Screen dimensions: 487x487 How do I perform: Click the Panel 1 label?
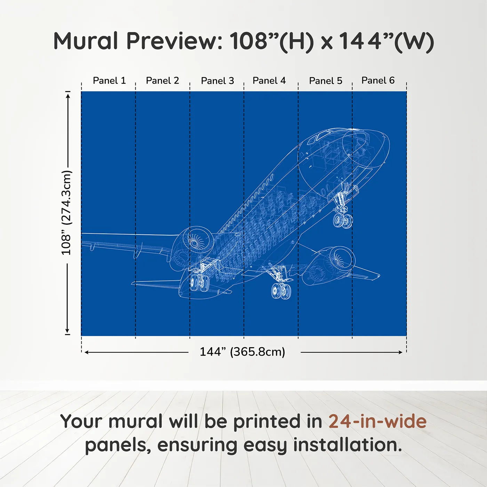pyautogui.click(x=109, y=80)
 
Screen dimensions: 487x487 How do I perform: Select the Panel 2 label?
pyautogui.click(x=162, y=80)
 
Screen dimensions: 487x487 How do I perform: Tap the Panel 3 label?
pyautogui.click(x=218, y=81)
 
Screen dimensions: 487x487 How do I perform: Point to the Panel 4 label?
pyautogui.click(x=269, y=80)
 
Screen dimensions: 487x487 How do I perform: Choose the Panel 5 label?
pyautogui.click(x=326, y=81)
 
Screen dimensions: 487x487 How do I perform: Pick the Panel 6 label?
pyautogui.click(x=378, y=80)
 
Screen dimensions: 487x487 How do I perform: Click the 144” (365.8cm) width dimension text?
pyautogui.click(x=242, y=352)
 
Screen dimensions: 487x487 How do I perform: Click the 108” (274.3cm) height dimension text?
pyautogui.click(x=66, y=213)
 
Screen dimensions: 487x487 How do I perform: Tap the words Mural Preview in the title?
pyautogui.click(x=138, y=41)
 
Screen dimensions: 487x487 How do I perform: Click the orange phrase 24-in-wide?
pyautogui.click(x=377, y=421)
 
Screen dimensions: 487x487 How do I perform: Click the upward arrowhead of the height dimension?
pyautogui.click(x=68, y=96)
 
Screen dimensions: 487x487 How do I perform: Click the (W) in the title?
pyautogui.click(x=414, y=41)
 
